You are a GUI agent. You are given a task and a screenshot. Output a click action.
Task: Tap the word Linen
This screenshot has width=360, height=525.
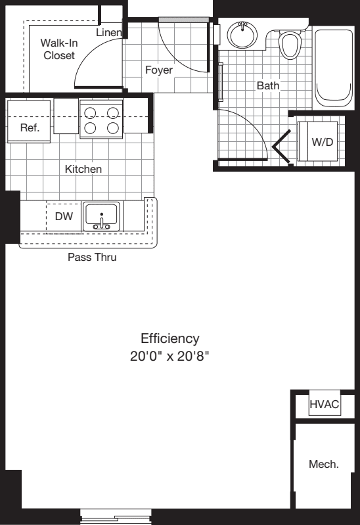[108, 32]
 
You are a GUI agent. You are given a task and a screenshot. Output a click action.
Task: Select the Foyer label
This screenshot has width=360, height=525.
[159, 69]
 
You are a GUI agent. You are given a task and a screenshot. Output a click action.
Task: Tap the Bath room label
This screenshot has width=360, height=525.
[268, 85]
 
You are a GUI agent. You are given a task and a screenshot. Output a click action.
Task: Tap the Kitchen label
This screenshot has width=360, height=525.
[83, 169]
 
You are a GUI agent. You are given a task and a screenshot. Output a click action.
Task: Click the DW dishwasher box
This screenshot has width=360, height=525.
[64, 216]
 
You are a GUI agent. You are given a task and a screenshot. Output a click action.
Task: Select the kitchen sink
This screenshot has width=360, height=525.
[101, 216]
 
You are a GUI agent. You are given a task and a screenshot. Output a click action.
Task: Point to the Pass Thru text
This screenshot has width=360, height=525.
[92, 257]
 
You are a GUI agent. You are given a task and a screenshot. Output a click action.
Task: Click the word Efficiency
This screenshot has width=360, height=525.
[169, 338]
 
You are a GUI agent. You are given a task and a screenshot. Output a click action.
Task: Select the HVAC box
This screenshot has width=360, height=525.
[325, 404]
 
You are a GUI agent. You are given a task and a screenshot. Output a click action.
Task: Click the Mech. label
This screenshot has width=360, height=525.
[324, 464]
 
